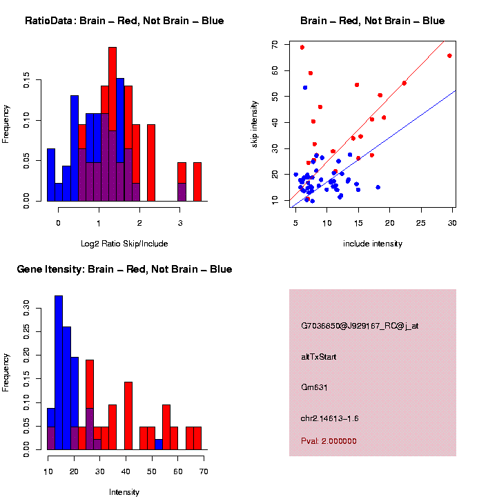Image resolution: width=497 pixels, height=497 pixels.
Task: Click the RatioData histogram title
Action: [x=124, y=21]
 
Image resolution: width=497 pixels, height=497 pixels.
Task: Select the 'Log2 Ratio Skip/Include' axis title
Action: [x=124, y=244]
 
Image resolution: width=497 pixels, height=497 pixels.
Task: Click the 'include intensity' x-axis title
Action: [x=372, y=244]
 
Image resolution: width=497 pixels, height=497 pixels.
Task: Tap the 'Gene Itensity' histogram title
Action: [x=124, y=269]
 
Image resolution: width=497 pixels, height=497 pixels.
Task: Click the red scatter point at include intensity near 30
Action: [x=449, y=56]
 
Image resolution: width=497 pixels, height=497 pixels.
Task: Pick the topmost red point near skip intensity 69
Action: [x=302, y=48]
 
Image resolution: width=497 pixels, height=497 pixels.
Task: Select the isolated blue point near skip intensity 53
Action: [x=305, y=88]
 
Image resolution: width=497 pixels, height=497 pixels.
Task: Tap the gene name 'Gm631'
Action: [x=314, y=387]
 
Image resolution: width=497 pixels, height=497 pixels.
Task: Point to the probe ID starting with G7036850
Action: [x=360, y=326]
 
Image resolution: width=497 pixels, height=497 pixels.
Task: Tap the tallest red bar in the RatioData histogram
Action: [x=113, y=124]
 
